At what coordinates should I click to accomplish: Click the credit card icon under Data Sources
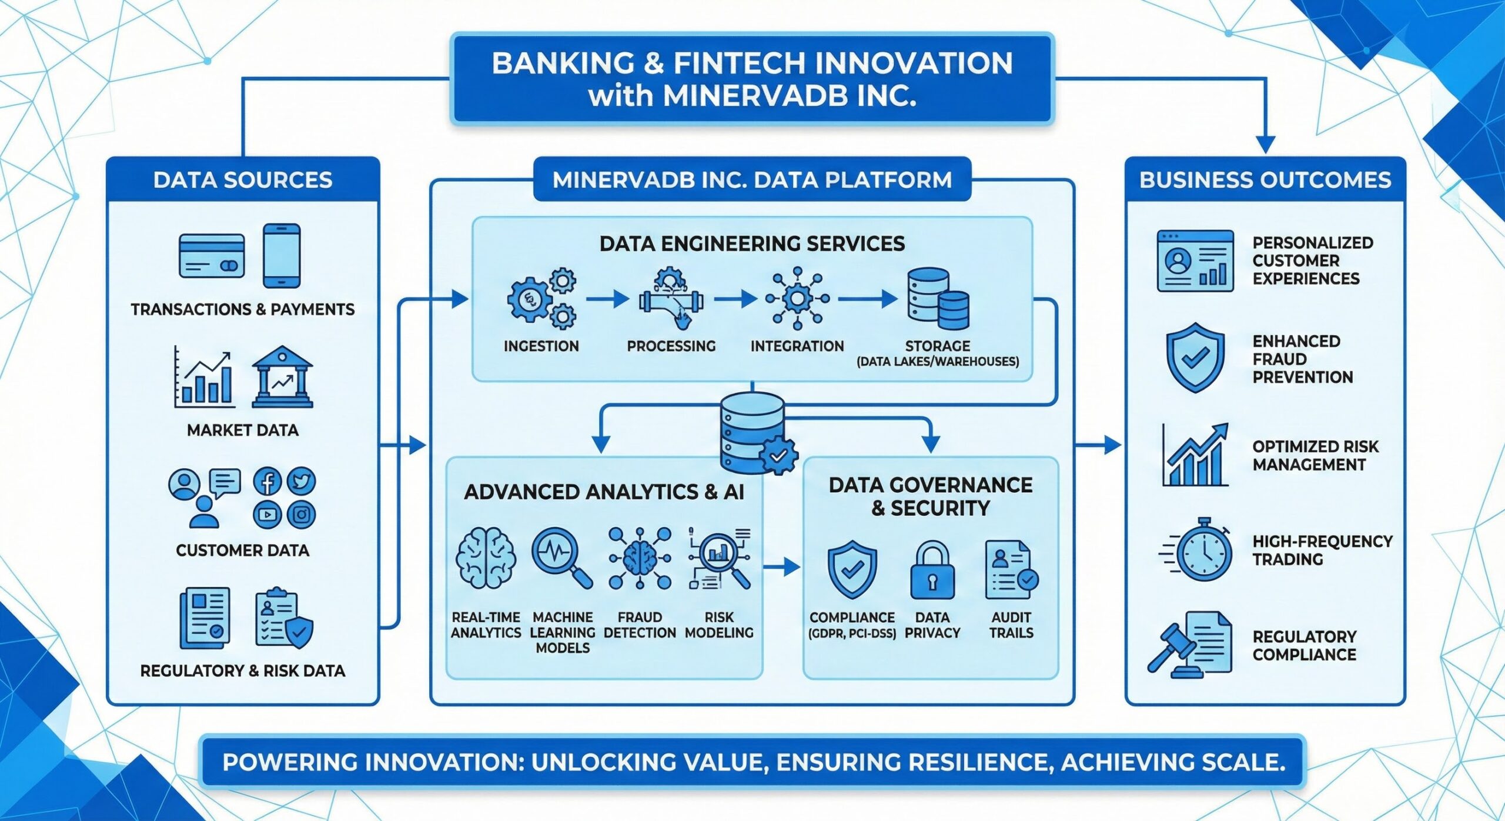click(212, 256)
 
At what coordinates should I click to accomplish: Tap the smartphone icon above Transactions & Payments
click(282, 255)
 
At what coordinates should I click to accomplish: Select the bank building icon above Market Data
click(282, 377)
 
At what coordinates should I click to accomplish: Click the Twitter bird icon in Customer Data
click(302, 482)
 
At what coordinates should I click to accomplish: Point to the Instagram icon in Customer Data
click(302, 515)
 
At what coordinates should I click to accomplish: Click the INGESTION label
click(541, 346)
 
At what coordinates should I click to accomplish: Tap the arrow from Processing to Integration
click(735, 299)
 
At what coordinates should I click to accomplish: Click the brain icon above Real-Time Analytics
click(486, 558)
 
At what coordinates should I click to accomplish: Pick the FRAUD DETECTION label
click(640, 625)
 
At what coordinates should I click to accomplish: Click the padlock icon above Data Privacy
click(932, 571)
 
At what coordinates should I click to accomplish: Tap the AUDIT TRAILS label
click(1011, 625)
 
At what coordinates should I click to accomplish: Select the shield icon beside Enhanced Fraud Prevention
click(1195, 357)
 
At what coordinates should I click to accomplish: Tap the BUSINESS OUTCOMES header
click(1265, 179)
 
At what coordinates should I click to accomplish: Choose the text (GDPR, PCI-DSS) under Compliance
click(852, 633)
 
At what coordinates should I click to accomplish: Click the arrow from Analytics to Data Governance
click(782, 567)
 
